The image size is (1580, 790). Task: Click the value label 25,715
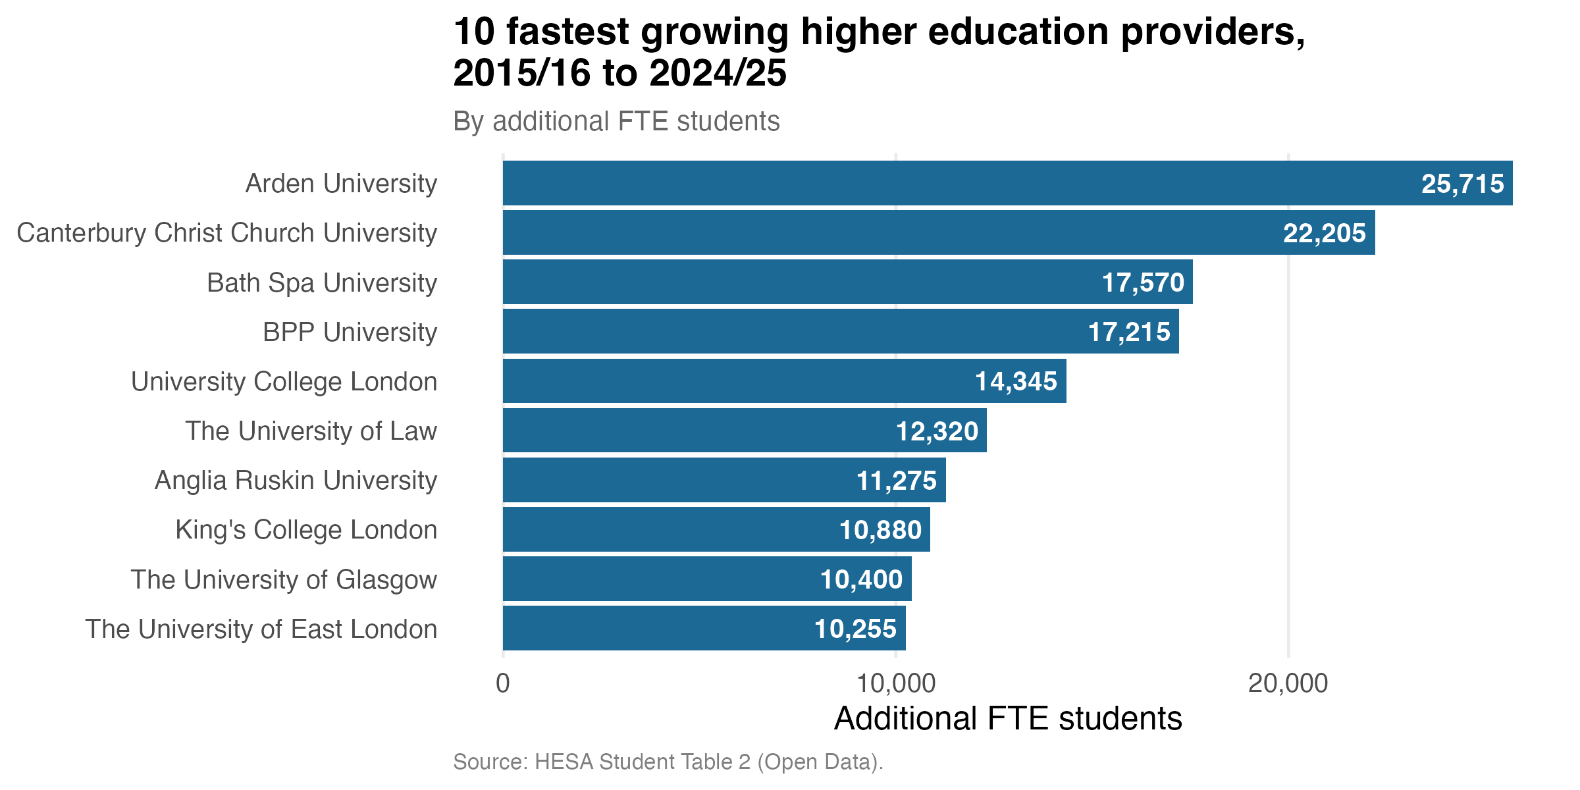tap(1462, 184)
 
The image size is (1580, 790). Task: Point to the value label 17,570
tap(1143, 282)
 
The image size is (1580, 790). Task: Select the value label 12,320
tap(937, 431)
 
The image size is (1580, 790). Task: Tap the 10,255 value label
tap(855, 629)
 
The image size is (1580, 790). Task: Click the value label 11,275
tap(896, 481)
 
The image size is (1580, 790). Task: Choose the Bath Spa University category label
tap(322, 282)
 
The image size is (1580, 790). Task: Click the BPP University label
tap(350, 332)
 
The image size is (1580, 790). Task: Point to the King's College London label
tap(306, 530)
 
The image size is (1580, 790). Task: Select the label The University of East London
tap(261, 629)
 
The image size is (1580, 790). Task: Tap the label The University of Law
tap(311, 431)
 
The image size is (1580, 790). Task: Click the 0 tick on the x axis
tap(503, 683)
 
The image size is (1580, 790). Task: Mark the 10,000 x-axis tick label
tap(896, 683)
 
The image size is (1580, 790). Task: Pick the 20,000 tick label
tap(1288, 683)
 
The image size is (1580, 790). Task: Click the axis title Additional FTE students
tap(1008, 718)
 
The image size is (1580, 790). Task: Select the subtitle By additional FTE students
tap(616, 121)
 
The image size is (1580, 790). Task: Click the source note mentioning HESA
tap(668, 762)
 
